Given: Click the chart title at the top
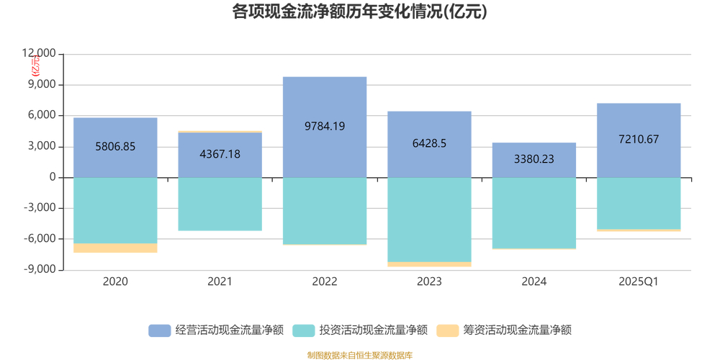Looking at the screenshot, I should point(359,12).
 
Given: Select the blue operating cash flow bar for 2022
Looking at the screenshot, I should point(325,101).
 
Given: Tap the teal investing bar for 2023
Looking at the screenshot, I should point(429,220).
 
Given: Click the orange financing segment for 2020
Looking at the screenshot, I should point(115,248).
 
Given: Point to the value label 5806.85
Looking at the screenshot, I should point(115,146).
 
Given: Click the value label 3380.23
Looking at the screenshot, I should point(534,159).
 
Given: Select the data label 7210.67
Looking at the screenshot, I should point(639,140).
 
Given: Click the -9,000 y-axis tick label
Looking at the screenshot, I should point(39,270).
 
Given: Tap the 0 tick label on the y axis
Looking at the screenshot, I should point(52,178).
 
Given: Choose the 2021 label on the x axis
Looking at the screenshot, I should point(220,282).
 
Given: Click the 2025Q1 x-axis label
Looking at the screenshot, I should point(639,282).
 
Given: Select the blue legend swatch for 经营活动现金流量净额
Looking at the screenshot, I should point(160,330).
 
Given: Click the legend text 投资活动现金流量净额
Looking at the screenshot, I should point(374,330).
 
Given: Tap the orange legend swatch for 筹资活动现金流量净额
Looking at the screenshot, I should point(448,330).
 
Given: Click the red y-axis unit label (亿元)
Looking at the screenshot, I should point(36,66).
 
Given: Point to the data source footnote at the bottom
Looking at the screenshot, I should point(359,355).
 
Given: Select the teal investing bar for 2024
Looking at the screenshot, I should point(534,213).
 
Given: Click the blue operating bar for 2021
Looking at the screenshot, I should point(220,155).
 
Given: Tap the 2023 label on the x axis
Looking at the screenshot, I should point(429,282).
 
